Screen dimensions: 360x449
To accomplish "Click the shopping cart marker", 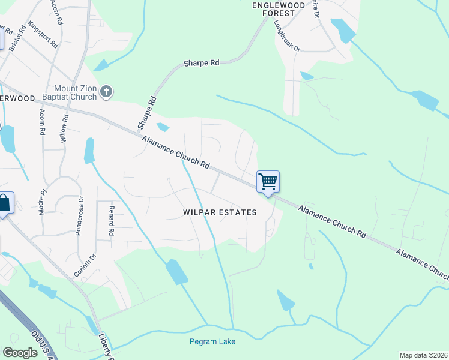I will tap(268, 182).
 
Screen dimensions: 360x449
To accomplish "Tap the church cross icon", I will tap(106, 91).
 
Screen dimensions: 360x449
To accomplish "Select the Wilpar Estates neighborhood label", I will tap(220, 212).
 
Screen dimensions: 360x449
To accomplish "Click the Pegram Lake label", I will tap(212, 341).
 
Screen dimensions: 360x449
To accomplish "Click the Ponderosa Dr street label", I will tap(79, 215).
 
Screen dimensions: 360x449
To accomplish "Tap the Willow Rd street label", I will tap(65, 128).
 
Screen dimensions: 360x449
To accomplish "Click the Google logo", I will tap(20, 353).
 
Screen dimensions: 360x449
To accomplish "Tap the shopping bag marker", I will tap(4, 204).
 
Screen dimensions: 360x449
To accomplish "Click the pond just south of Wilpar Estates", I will tap(177, 272).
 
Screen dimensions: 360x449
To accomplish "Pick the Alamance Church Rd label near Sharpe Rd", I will tap(175, 152).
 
